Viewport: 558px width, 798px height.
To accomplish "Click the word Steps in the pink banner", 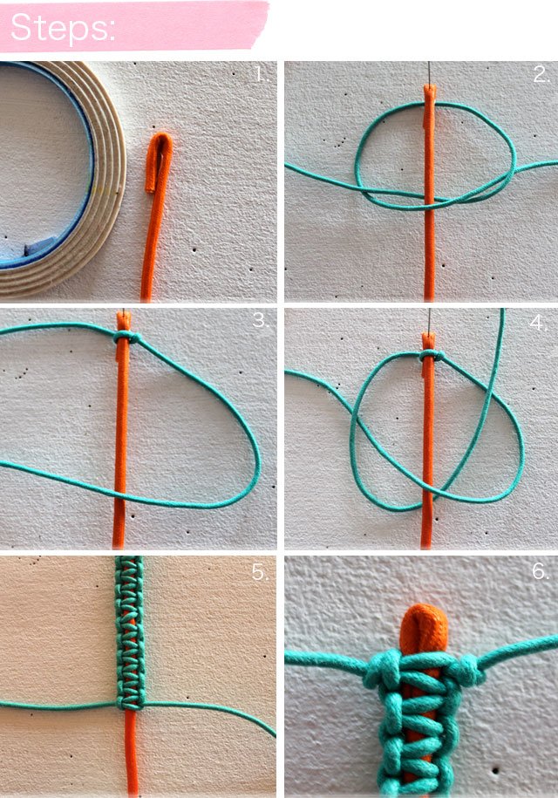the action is [63, 27].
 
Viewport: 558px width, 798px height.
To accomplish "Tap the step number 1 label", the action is [262, 75].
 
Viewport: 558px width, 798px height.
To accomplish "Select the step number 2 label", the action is [541, 75].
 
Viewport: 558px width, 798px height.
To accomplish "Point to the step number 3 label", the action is [261, 320].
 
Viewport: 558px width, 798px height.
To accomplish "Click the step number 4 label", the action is [538, 323].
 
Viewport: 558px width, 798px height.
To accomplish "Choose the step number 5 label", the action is [260, 572].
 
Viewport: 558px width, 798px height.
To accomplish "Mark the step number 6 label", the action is [541, 571].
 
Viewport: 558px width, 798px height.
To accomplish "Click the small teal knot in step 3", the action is [124, 337].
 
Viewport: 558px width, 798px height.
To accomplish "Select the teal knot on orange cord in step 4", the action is [429, 356].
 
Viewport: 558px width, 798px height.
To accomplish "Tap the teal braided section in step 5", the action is [129, 632].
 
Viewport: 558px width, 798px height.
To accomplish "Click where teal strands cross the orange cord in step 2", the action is [430, 201].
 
